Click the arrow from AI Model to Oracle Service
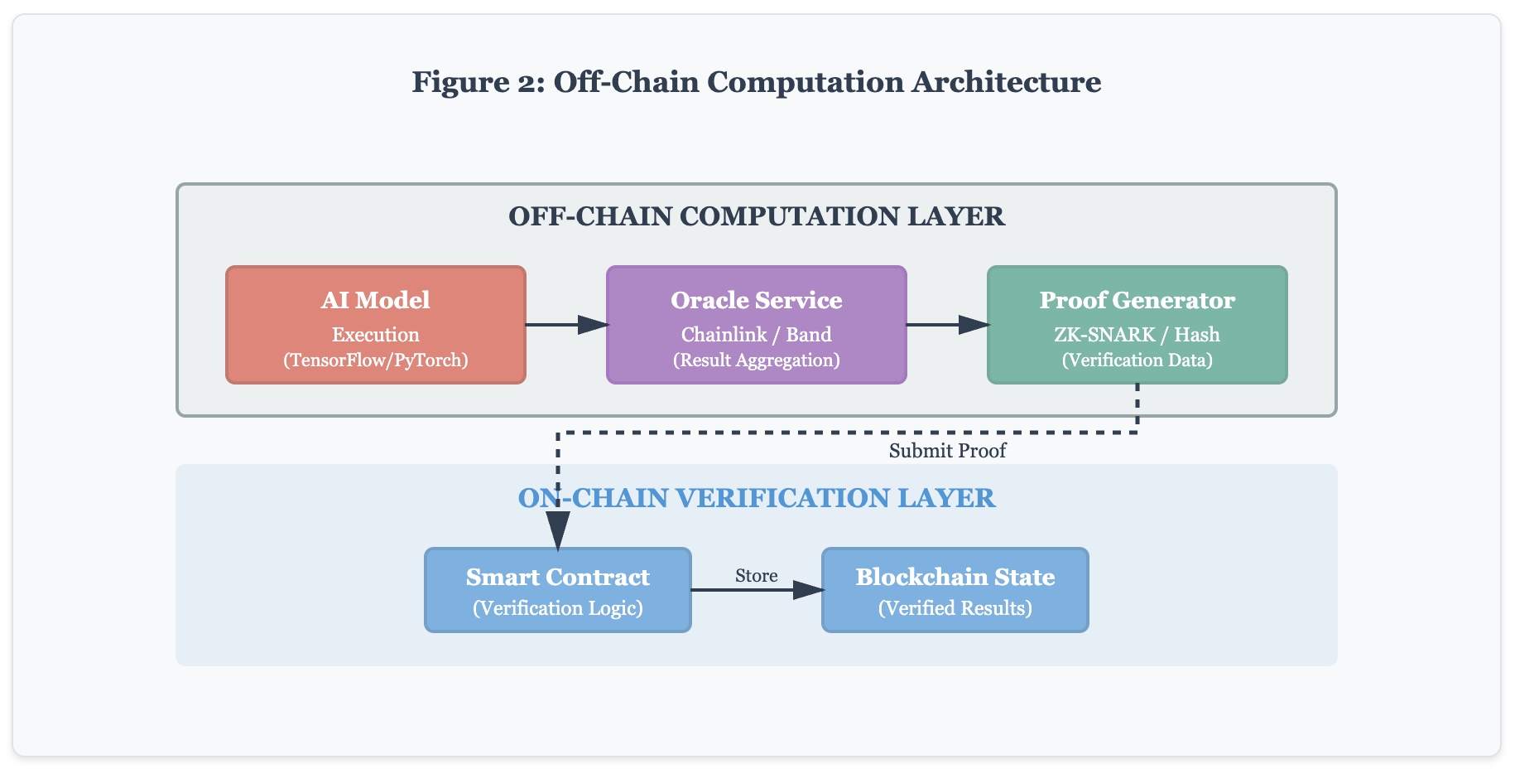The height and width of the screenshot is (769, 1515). [566, 325]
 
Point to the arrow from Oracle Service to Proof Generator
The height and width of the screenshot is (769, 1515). [947, 325]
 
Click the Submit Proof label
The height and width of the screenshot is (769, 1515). [947, 451]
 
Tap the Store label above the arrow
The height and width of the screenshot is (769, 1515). [756, 575]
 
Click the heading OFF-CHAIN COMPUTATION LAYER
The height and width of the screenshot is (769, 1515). [756, 216]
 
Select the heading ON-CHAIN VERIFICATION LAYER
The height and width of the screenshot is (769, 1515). [756, 498]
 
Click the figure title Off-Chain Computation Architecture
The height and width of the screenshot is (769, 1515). [756, 82]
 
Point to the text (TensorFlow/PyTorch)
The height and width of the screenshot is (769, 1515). [375, 360]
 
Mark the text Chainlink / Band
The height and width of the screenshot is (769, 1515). [756, 335]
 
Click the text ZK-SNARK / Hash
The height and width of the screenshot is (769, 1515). [1137, 335]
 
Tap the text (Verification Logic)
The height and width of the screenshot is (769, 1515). [557, 608]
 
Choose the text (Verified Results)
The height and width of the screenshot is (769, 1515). [955, 608]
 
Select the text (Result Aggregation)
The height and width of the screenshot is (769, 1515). [756, 360]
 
